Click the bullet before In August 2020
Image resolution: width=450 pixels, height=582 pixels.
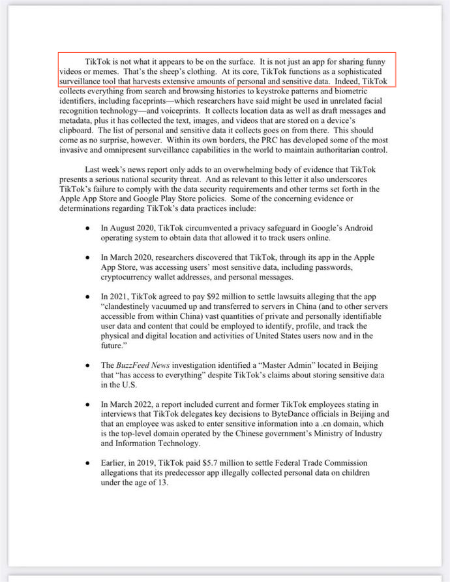click(x=87, y=229)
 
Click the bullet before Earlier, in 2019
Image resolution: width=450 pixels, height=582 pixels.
click(x=87, y=462)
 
